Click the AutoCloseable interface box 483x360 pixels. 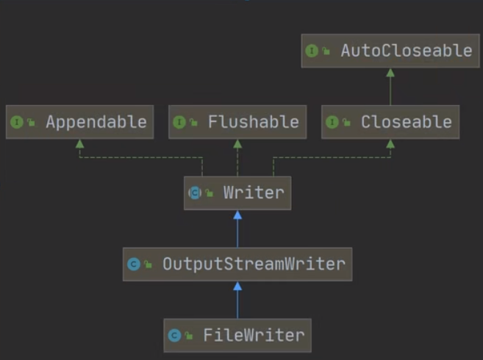(390, 51)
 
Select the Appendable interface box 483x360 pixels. (79, 122)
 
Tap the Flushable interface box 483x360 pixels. (237, 122)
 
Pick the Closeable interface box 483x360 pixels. (390, 122)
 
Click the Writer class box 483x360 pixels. (237, 193)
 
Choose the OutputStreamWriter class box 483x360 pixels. (237, 264)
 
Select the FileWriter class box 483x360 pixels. (237, 335)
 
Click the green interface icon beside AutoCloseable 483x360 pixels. (312, 51)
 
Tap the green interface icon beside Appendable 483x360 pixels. (17, 123)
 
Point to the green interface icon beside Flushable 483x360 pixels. (179, 123)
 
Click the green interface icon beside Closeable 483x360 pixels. (332, 123)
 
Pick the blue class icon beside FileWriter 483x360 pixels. (175, 336)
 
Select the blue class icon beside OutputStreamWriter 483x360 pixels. (133, 264)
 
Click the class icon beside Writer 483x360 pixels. (195, 194)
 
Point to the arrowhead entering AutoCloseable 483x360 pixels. (390, 73)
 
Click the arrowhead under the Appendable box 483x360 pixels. (79, 144)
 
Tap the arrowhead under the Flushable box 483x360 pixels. (237, 144)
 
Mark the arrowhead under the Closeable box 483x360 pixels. (390, 144)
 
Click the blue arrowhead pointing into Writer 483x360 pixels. (237, 215)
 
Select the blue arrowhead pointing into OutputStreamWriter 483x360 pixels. (237, 287)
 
